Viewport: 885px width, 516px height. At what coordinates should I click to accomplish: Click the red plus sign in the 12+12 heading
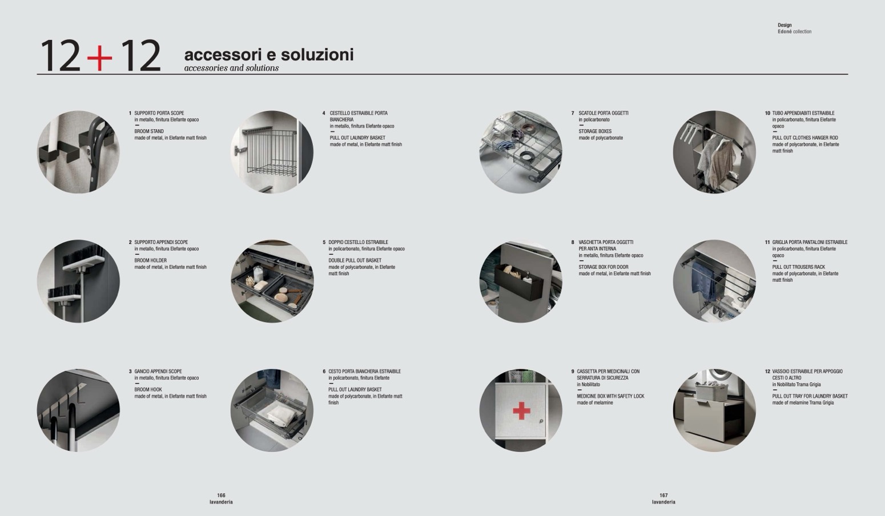[x=100, y=57]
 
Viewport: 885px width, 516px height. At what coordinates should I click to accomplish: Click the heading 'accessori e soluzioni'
[x=268, y=55]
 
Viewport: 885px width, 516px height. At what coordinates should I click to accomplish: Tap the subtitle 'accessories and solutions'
[x=231, y=68]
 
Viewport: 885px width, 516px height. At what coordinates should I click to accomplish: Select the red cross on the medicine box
[x=521, y=410]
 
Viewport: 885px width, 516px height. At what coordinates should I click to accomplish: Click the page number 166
[x=221, y=495]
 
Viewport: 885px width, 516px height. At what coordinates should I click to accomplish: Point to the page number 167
[x=663, y=495]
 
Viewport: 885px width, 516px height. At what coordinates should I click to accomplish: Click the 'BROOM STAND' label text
[x=149, y=131]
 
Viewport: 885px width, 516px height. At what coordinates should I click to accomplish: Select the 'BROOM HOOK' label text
[x=148, y=390]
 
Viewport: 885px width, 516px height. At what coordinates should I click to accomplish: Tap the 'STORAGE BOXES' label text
[x=595, y=131]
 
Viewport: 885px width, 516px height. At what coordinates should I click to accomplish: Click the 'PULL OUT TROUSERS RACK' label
[x=798, y=267]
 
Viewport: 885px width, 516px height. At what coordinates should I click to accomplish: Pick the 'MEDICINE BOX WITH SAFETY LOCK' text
[x=610, y=396]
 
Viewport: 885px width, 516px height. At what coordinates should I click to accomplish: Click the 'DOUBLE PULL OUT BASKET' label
[x=355, y=260]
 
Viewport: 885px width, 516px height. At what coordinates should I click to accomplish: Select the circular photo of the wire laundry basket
[x=272, y=152]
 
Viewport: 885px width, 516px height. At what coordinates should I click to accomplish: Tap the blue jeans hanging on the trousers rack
[x=700, y=281]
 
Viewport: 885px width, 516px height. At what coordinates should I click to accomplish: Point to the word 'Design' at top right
[x=785, y=25]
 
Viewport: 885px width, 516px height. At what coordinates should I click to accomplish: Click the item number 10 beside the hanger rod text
[x=767, y=113]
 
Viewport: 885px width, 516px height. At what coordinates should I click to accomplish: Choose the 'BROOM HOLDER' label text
[x=151, y=260]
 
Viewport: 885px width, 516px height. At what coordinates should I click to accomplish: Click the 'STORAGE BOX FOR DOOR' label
[x=603, y=267]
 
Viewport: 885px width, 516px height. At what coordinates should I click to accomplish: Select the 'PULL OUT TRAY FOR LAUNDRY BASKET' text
[x=810, y=396]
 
